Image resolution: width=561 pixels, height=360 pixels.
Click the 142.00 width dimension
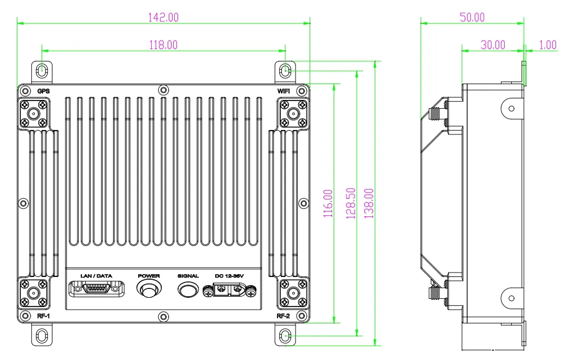coord(163,17)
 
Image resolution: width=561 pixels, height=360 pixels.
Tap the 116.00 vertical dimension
coord(328,203)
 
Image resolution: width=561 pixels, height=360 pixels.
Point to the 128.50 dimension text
coord(351,203)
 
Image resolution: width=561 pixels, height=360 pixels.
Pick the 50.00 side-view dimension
coord(472,17)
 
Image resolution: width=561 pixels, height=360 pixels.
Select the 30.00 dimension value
coord(493,45)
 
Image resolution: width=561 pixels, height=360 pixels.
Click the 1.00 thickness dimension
coord(547,45)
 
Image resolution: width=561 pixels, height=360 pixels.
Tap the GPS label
coord(43,91)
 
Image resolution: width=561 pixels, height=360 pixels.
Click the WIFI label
coord(284,91)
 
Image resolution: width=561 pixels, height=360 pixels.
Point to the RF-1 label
coord(43,316)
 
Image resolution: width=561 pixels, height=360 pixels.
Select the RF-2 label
coord(283,316)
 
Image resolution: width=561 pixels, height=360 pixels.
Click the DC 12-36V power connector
coord(229,291)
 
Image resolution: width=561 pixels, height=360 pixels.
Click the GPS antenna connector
coord(33,114)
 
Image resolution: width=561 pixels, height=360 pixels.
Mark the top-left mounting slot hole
coord(43,70)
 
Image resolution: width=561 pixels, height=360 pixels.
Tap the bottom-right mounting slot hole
coord(285,335)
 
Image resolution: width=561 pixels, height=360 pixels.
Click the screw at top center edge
coord(163,90)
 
